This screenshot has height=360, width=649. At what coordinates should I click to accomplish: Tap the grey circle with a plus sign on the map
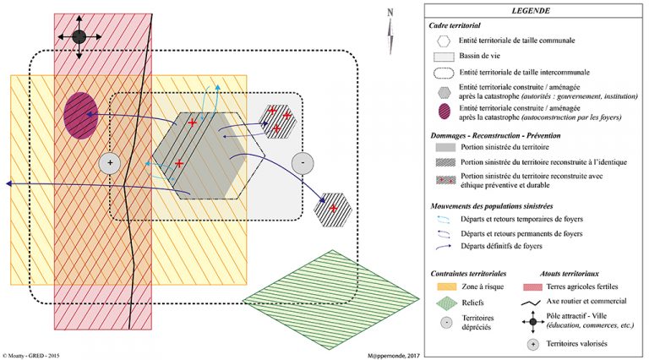[111, 163]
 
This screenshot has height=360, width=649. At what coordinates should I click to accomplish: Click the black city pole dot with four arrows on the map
[79, 36]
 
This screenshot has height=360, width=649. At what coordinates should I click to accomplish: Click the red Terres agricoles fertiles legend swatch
[532, 287]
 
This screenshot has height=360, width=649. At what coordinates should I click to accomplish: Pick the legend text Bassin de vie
[485, 56]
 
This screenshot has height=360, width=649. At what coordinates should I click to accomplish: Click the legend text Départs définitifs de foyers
[505, 246]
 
